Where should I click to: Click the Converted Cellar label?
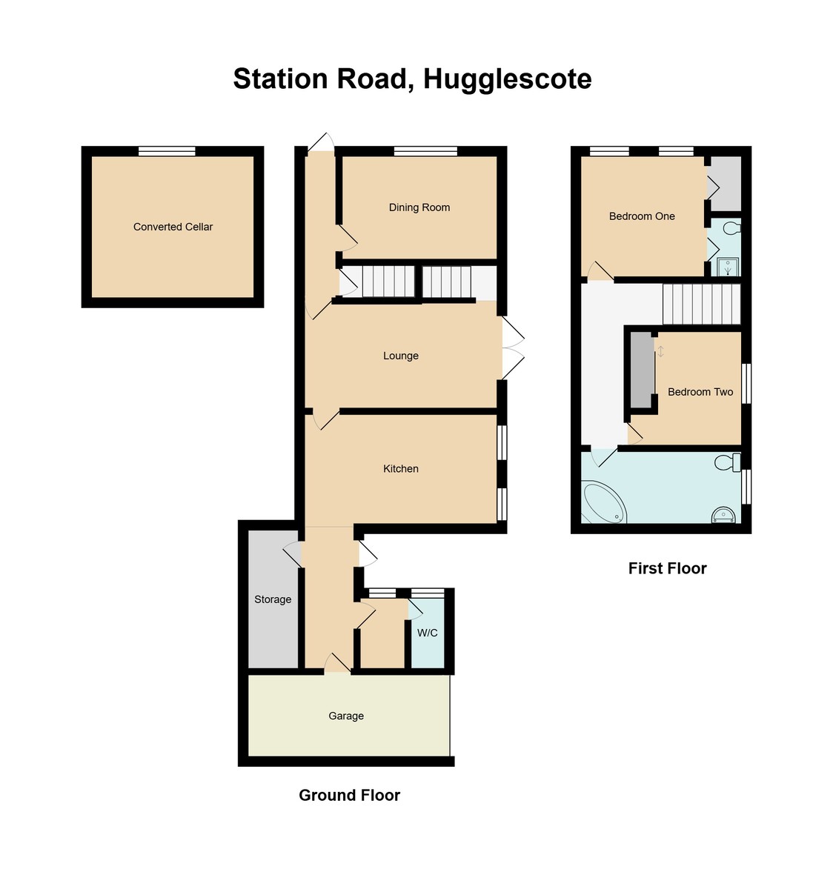(x=173, y=227)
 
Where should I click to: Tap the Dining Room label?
(x=419, y=207)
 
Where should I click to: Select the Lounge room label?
(x=401, y=356)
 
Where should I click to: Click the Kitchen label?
(x=401, y=469)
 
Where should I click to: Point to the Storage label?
(x=273, y=599)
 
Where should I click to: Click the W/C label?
(x=428, y=633)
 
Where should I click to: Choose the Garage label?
(x=346, y=716)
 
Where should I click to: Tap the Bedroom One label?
(x=642, y=216)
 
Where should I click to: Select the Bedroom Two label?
(x=700, y=392)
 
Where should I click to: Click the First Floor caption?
(x=667, y=568)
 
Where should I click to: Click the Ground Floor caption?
(x=349, y=795)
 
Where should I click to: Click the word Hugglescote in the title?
(x=508, y=79)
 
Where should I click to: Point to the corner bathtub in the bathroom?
(x=603, y=504)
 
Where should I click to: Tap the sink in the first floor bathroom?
(x=723, y=514)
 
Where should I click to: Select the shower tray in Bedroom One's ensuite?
(x=729, y=267)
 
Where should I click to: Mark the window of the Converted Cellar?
(x=167, y=151)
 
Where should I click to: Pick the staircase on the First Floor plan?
(x=701, y=304)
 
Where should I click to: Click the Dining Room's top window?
(x=425, y=151)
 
